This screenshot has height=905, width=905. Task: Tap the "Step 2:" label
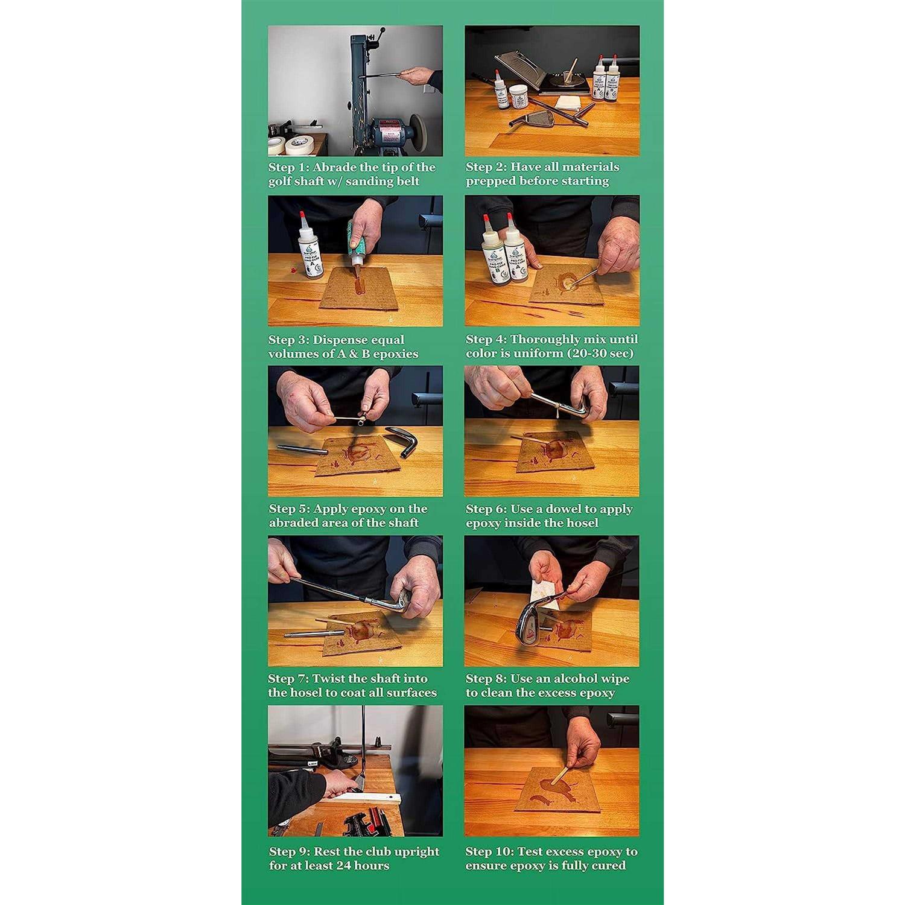point(486,167)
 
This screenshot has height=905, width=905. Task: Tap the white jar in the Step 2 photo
point(518,98)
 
